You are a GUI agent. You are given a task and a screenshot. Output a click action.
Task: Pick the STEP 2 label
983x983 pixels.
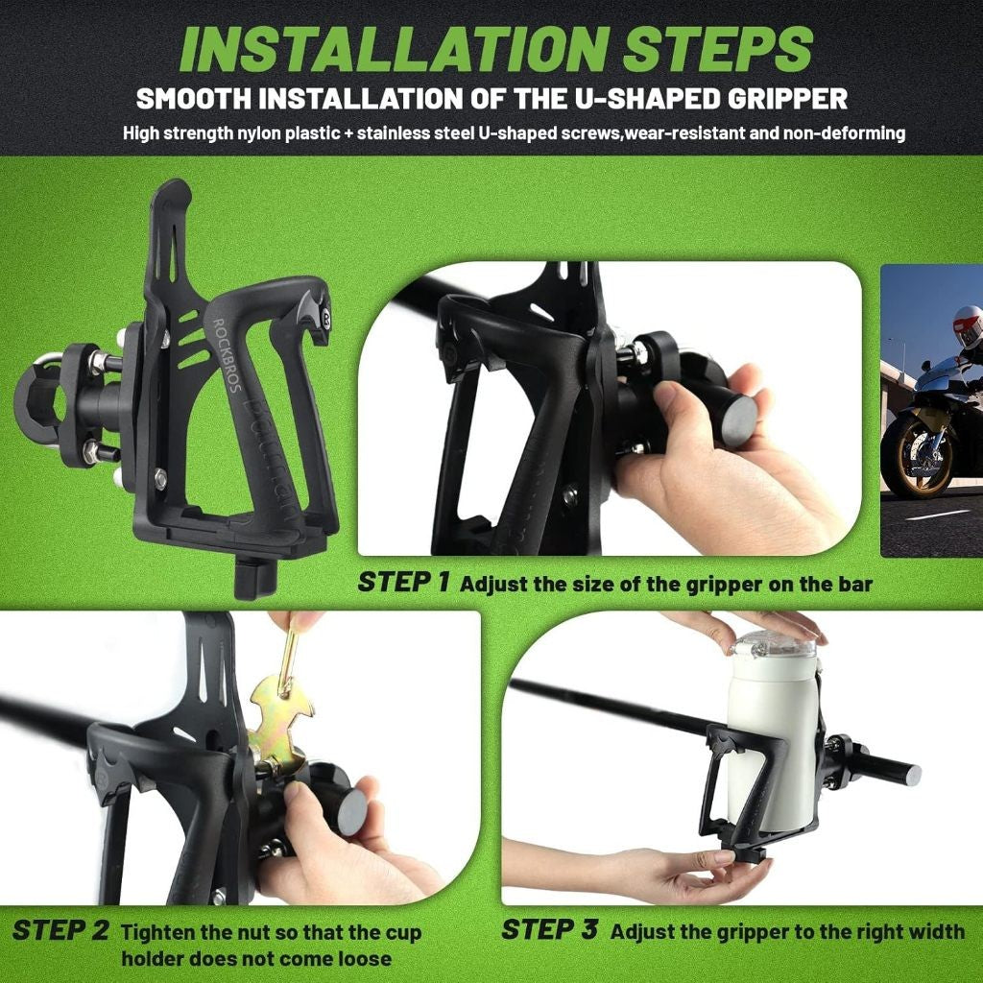pyautogui.click(x=60, y=931)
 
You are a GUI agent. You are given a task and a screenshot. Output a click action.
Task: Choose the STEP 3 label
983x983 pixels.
pyautogui.click(x=550, y=929)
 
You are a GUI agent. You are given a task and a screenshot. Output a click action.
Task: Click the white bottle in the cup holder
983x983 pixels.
pyautogui.click(x=767, y=730)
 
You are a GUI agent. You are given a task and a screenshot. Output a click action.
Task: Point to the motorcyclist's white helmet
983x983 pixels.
pyautogui.click(x=967, y=325)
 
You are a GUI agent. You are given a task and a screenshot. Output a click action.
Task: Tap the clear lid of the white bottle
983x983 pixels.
pyautogui.click(x=773, y=643)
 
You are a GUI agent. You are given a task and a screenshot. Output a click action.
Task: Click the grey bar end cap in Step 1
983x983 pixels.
pyautogui.click(x=738, y=421)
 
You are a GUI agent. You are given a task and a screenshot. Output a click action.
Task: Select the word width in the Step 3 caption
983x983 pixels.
pyautogui.click(x=940, y=931)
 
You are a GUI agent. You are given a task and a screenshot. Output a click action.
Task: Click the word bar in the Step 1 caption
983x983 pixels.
pyautogui.click(x=852, y=584)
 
